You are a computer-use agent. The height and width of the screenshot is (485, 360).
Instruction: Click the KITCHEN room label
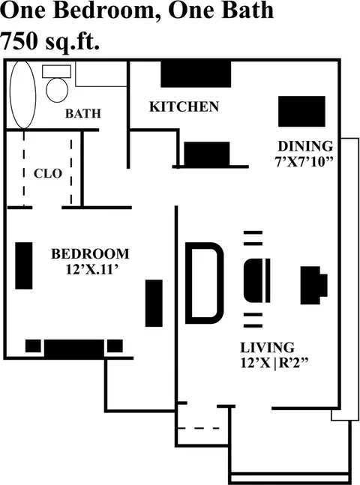184,106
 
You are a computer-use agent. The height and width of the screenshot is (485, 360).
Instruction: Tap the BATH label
83,113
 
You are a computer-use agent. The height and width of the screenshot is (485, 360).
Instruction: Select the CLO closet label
48,173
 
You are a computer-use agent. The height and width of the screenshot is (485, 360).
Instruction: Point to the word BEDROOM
90,254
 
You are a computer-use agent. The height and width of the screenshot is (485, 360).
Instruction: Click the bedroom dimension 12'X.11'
92,270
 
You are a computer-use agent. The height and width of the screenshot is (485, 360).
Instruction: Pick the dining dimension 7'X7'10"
304,161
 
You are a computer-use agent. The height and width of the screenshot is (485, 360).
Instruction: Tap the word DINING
305,146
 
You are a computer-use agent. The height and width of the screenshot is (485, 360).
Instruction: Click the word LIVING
268,347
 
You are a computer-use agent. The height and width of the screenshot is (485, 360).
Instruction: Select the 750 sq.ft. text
50,41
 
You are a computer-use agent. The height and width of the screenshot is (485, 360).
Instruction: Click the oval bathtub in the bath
23,94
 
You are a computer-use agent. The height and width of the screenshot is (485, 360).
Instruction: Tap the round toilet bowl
57,90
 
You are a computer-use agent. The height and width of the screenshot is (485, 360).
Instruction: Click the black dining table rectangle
301,112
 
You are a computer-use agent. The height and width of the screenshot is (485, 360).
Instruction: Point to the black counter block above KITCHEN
196,74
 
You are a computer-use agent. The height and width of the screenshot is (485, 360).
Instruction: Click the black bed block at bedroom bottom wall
74,349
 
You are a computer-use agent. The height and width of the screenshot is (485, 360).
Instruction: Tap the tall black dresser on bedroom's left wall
24,265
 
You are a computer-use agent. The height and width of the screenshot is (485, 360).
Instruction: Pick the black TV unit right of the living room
314,285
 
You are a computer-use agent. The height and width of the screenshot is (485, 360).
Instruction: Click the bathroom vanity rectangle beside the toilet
101,74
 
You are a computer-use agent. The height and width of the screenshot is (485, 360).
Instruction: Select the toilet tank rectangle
56,71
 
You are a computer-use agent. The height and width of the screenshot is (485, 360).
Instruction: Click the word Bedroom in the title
106,10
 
